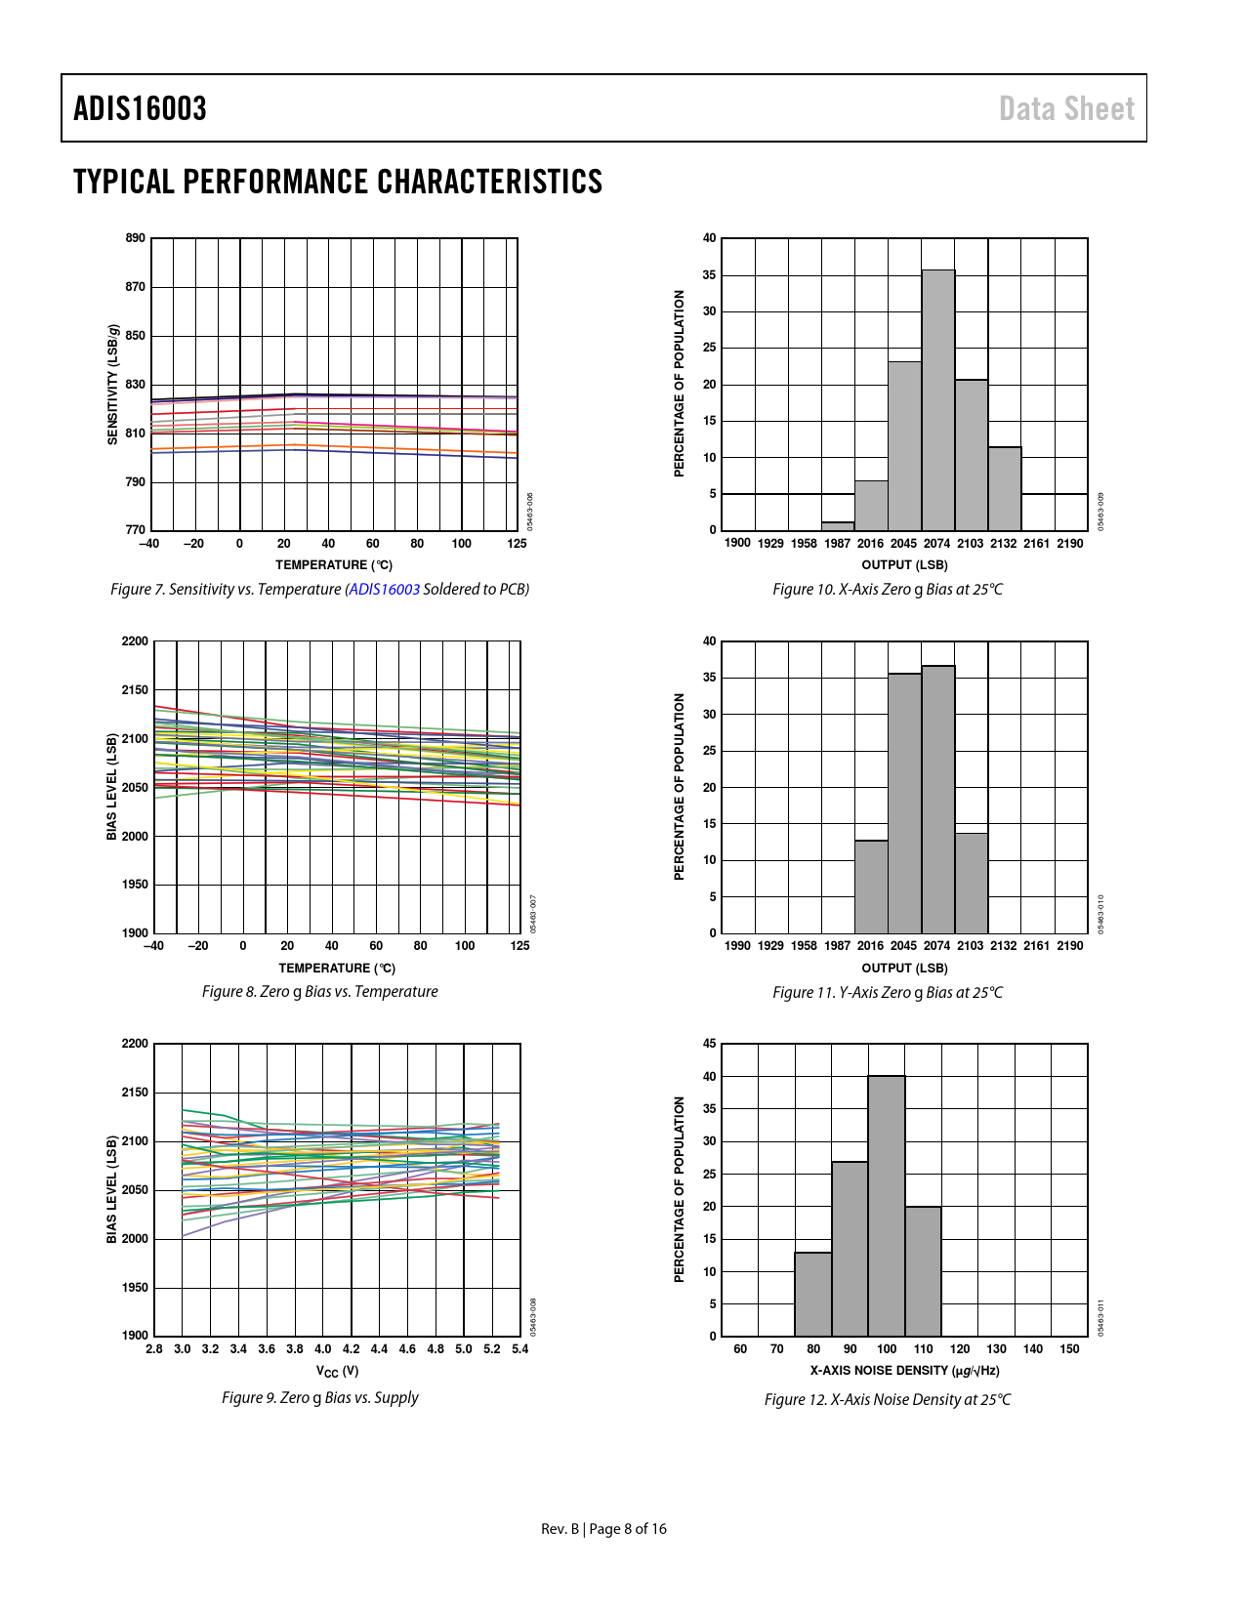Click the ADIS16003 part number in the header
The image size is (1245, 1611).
coord(140,108)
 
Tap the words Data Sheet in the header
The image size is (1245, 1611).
coord(1066,108)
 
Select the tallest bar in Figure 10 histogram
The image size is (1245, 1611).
coord(937,400)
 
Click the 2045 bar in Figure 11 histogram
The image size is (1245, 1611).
coord(904,803)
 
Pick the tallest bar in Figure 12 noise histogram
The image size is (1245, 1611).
coord(887,1206)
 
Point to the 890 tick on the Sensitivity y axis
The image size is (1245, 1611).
coord(135,238)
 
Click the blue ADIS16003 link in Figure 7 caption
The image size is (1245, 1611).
coord(385,590)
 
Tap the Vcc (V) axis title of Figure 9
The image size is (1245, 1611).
coord(337,1372)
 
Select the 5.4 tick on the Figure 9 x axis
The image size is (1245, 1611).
coord(519,1349)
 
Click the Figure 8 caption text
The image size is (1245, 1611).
coord(319,992)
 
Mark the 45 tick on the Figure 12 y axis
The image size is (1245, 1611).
coord(710,1044)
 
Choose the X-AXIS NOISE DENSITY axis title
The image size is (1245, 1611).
coord(904,1371)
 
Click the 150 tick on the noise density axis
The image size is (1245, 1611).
coord(1069,1349)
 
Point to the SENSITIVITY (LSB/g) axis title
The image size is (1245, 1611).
coord(112,385)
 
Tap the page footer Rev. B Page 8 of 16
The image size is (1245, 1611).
coord(603,1529)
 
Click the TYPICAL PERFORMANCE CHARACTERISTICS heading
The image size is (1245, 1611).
coord(337,182)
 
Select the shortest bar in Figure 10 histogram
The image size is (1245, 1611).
coord(838,526)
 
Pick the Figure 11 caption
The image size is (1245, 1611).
coord(887,993)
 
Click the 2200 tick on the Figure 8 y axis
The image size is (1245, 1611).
coord(135,641)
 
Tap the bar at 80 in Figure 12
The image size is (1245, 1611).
coord(813,1294)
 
